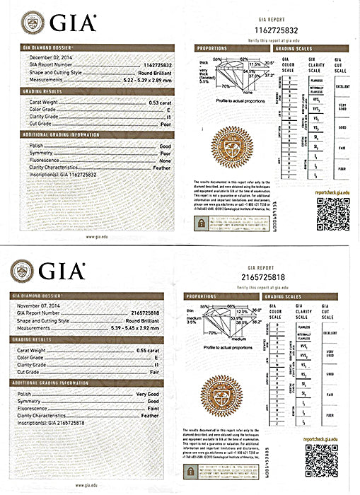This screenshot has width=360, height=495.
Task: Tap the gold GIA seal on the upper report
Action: (228, 150)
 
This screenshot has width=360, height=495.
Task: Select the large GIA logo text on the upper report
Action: (69, 24)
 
